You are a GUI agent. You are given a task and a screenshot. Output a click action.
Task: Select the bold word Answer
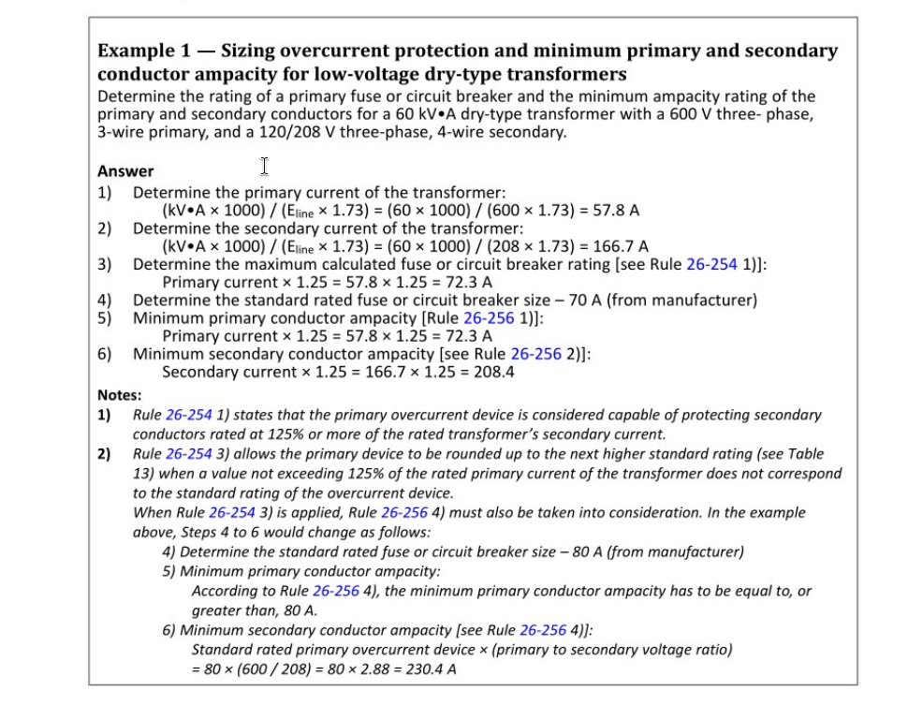125,171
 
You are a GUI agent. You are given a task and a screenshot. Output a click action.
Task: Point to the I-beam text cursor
265,167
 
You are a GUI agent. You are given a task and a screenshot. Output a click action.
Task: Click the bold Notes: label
119,395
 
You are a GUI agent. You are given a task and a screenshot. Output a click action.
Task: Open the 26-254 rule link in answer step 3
711,265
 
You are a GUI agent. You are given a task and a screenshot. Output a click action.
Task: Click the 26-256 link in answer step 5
490,318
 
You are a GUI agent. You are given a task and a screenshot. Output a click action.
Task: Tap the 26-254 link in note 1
189,415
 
